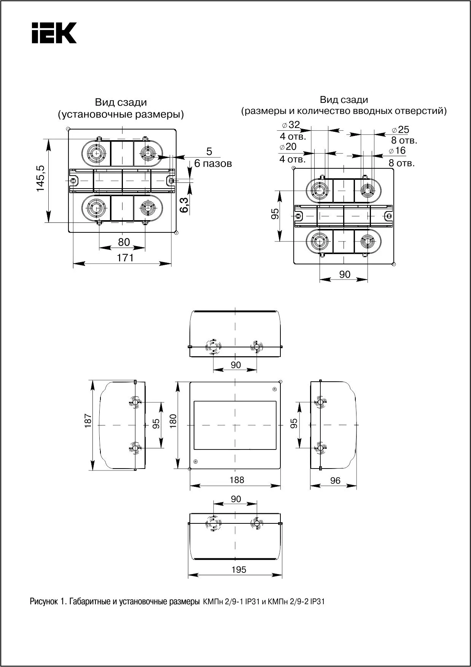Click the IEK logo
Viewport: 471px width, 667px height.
54,33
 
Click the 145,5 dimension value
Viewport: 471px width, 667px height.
41,179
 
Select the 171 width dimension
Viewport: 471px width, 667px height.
125,258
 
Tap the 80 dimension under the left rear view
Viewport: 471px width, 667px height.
124,242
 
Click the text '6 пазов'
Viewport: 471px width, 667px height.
213,164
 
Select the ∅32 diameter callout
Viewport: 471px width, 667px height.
291,125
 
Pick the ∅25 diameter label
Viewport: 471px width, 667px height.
400,130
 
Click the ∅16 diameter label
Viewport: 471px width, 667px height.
398,150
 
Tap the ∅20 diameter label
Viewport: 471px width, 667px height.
288,147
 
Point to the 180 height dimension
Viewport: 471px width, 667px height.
173,421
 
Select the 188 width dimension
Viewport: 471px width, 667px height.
237,480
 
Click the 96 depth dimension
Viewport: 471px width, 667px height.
335,481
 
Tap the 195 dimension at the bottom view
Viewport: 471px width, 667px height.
239,569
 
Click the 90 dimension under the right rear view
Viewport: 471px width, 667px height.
344,274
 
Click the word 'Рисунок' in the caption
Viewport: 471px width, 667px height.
43,602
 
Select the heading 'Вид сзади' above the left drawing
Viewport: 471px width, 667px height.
121,102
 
